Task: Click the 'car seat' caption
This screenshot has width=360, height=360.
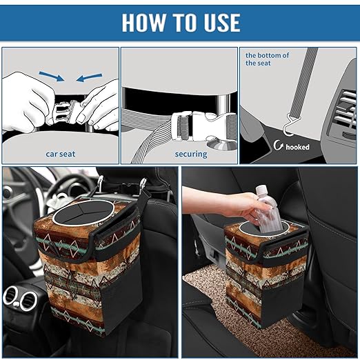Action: pyautogui.click(x=61, y=154)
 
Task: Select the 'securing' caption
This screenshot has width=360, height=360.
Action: pyautogui.click(x=191, y=154)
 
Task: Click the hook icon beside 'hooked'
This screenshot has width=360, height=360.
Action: pyautogui.click(x=279, y=146)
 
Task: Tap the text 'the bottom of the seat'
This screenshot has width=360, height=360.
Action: pyautogui.click(x=268, y=58)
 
